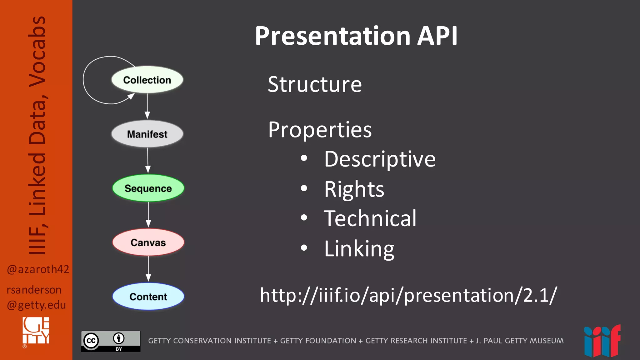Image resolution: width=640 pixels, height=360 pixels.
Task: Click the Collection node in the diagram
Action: pos(147,80)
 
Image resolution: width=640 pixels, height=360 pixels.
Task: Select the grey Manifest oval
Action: pos(147,134)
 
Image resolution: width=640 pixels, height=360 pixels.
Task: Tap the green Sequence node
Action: pos(148,188)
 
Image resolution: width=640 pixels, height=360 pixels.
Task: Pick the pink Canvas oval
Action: pos(148,242)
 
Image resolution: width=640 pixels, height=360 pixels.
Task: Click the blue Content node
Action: pos(148,297)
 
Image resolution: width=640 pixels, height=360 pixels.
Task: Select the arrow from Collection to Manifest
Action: pos(147,106)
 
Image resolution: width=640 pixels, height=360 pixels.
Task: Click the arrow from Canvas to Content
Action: pos(148,269)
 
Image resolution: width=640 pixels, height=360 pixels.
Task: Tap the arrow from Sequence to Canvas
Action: pos(148,215)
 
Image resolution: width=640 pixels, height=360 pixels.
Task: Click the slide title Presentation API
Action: pos(356,36)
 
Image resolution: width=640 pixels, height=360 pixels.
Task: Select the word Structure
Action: pos(315,84)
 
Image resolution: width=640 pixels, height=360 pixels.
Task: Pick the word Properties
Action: pos(320,130)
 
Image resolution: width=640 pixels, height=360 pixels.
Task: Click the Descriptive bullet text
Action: pos(380,159)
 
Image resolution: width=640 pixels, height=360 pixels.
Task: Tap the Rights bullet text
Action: pos(354,189)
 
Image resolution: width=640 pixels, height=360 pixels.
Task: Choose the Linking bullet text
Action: pos(359,249)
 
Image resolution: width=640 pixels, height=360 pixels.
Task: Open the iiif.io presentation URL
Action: pos(408,295)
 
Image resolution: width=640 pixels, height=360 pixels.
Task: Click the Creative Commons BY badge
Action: pos(111,341)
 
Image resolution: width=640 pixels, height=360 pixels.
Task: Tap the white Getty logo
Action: pos(36,331)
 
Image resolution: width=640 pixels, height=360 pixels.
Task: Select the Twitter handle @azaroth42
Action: pos(38,269)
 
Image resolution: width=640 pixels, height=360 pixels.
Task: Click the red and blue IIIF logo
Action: pos(602,341)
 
